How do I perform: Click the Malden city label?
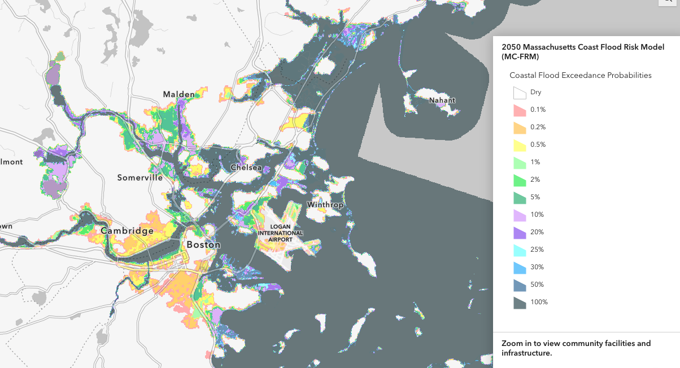pos(178,94)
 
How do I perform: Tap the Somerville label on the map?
pos(140,178)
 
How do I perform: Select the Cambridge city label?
pos(127,231)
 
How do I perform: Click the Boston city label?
pos(203,245)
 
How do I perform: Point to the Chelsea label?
pos(246,168)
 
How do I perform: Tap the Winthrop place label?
pos(325,205)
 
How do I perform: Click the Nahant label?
pos(442,100)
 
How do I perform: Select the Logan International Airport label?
pos(280,233)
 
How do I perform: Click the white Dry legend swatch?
pos(520,93)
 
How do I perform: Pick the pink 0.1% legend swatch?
pos(520,110)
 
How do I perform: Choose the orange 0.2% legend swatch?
pos(520,128)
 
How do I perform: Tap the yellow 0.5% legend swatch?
pos(520,145)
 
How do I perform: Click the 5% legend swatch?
pos(520,198)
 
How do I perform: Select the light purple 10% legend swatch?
pos(520,215)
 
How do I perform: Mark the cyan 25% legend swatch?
pos(520,250)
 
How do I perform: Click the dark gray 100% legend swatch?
pos(520,303)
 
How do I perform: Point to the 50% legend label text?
pos(537,284)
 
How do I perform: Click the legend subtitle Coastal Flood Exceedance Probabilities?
pos(581,75)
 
